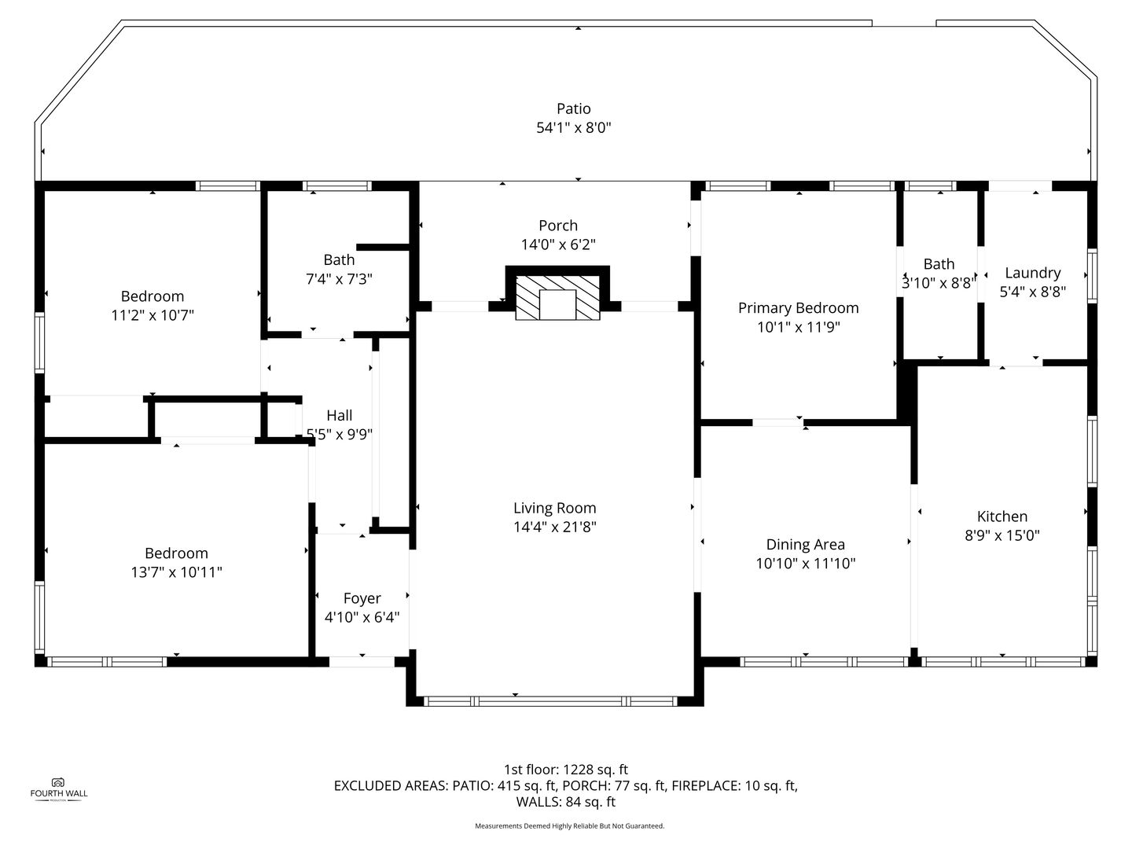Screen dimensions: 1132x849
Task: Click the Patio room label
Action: tap(574, 108)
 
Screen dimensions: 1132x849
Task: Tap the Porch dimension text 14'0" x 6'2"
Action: tap(558, 244)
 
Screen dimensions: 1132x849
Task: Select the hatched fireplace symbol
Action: tap(557, 297)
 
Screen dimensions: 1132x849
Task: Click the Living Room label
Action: tap(554, 509)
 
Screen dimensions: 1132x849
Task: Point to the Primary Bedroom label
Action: tap(799, 308)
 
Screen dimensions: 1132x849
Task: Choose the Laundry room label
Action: tap(1032, 274)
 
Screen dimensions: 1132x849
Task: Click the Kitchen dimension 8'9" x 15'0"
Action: tap(1002, 535)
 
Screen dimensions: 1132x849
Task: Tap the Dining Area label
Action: tap(806, 545)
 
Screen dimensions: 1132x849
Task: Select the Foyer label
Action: tap(362, 598)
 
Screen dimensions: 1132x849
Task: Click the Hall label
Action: tap(340, 416)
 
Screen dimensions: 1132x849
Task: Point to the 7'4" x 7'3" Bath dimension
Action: tap(339, 279)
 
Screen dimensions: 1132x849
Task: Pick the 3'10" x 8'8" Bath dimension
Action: tap(939, 283)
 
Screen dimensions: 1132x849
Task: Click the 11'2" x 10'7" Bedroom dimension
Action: tap(153, 315)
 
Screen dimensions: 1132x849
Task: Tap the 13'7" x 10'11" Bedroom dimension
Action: tap(176, 572)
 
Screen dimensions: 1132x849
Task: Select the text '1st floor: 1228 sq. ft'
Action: tap(566, 770)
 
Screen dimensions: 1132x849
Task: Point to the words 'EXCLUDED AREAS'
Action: tap(391, 785)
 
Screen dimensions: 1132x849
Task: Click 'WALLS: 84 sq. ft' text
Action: tap(566, 802)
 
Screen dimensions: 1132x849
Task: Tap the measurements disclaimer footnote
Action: tap(569, 825)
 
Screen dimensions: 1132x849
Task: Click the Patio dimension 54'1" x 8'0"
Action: tap(574, 128)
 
